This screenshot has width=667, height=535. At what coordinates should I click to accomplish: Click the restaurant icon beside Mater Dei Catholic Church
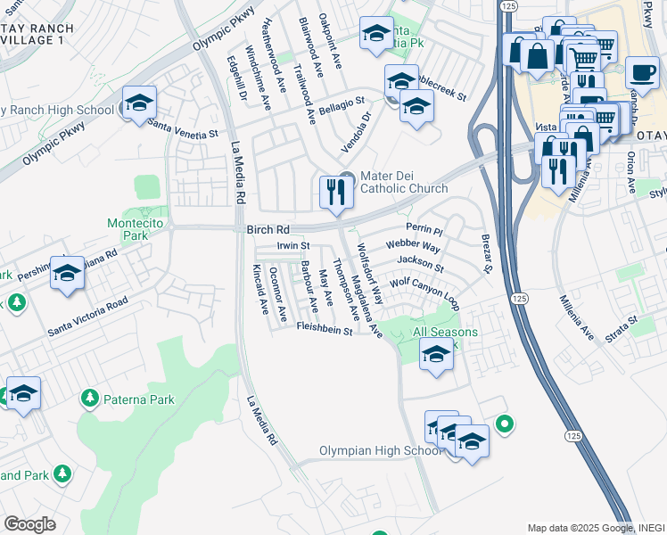335,192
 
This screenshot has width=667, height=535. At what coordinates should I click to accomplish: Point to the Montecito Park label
127,229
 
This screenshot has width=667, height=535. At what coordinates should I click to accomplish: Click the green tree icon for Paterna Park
89,398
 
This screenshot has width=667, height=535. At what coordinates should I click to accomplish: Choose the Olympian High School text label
381,451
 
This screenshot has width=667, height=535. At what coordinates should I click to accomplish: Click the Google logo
29,523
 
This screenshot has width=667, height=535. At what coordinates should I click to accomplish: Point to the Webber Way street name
412,245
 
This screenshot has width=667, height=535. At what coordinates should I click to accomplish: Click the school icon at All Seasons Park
436,354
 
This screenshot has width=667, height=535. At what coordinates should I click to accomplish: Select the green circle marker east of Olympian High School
505,424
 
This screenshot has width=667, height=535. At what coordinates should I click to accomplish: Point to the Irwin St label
292,245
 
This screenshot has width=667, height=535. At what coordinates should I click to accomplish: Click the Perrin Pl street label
424,230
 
